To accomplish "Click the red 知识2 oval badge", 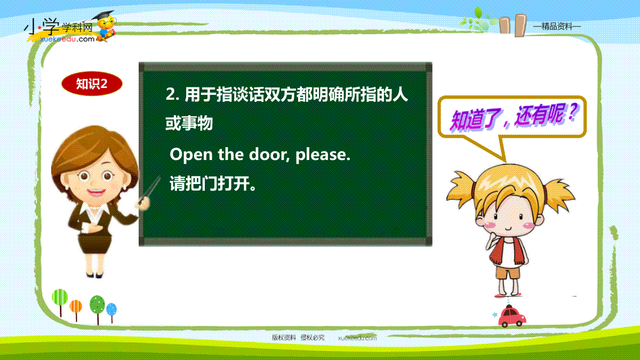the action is tap(92, 84).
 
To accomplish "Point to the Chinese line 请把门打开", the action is tap(213, 183).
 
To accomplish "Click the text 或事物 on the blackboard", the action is tap(189, 123).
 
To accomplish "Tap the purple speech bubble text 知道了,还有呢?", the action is tap(514, 117).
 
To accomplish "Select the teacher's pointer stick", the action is tap(150, 190).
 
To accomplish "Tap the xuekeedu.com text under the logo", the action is tap(67, 39).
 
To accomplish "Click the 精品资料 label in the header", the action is tap(557, 27).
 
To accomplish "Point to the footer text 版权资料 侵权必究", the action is tap(298, 338).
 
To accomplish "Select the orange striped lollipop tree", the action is tap(76, 310).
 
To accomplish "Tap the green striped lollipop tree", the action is tap(60, 302).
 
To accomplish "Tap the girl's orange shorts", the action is tap(507, 273).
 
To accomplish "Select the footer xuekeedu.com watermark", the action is tap(357, 338).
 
